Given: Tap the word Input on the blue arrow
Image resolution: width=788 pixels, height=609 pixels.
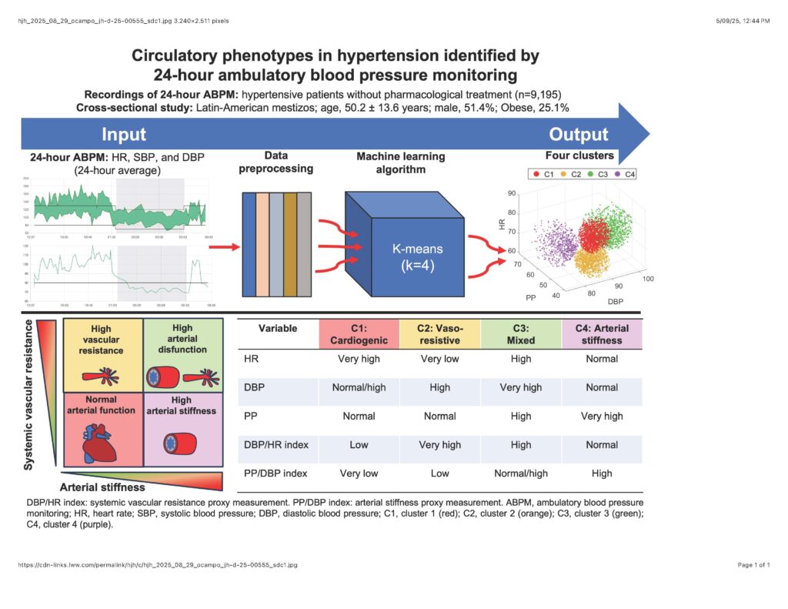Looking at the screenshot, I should point(123,135).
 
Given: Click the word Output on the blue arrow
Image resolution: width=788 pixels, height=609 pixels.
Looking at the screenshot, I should point(579,135).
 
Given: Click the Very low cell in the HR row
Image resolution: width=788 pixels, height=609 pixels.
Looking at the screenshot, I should point(439,359).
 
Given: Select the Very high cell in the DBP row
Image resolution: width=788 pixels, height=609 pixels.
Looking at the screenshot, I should point(521,387).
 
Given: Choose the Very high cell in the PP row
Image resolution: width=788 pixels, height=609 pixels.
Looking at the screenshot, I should point(602,416).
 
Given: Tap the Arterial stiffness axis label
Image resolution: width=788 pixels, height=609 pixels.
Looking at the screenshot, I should point(102,487).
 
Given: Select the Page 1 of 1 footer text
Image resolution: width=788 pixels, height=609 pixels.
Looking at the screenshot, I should point(753,565).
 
